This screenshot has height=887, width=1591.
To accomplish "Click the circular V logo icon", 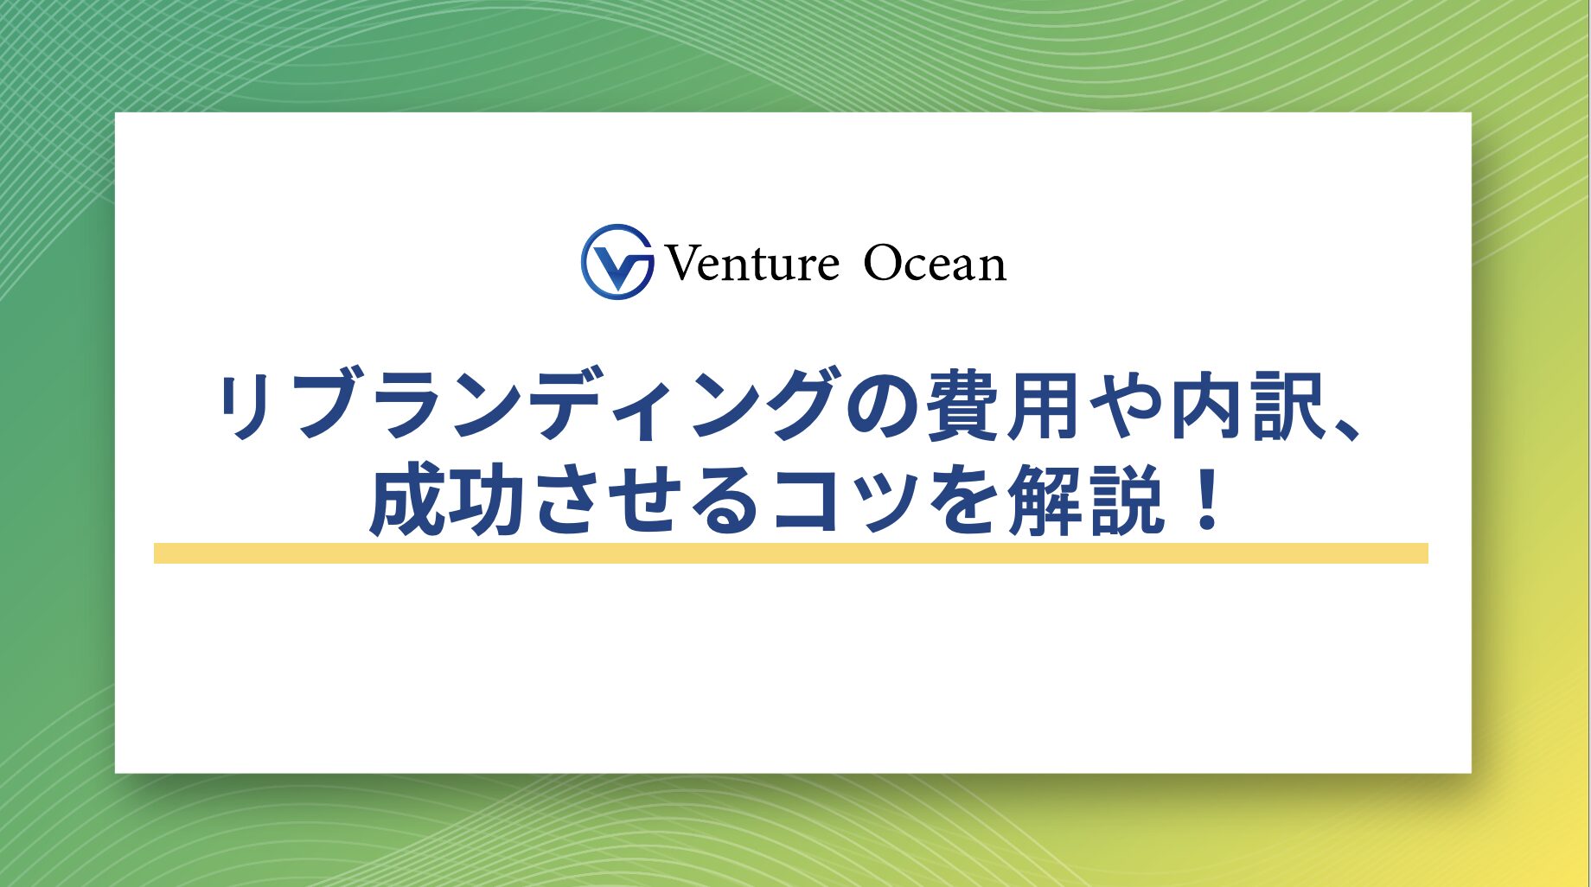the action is click(x=617, y=262).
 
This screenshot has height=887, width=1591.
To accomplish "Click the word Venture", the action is click(x=751, y=264).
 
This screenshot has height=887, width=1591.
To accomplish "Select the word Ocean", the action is click(x=935, y=264).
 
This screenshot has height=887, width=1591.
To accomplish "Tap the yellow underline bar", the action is click(x=790, y=553).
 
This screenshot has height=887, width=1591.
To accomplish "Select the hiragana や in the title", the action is click(x=1127, y=405).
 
